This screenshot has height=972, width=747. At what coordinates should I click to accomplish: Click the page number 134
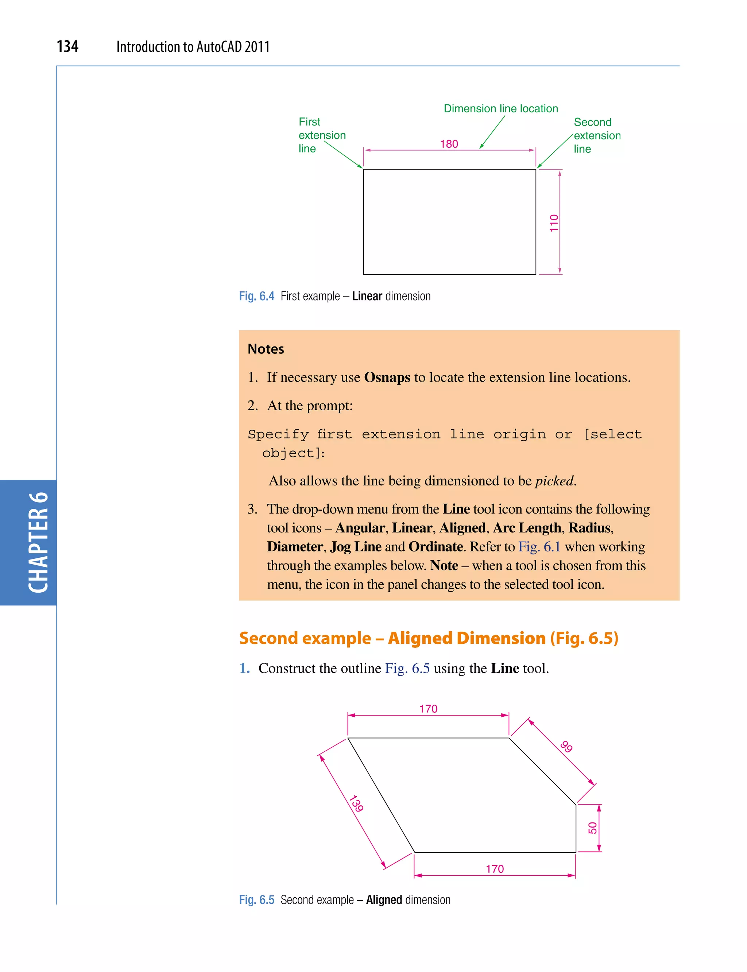(67, 46)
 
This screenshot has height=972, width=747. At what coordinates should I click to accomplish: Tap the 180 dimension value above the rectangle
(449, 144)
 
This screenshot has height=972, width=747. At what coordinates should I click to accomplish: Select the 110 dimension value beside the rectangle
(554, 223)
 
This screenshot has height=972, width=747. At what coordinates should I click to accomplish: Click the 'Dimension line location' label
(501, 108)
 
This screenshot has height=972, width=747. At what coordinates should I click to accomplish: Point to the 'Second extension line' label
(596, 135)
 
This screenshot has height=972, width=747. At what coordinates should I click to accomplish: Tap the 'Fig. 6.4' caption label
(256, 296)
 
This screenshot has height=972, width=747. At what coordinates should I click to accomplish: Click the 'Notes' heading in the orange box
(266, 349)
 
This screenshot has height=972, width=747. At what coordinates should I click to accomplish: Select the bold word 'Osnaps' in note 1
(387, 377)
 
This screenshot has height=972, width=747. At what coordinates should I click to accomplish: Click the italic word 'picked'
(554, 481)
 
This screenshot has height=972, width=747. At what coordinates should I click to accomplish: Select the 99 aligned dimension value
(566, 746)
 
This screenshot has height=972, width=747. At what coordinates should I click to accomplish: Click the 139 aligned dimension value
(356, 803)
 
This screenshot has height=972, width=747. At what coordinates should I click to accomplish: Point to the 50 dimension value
(592, 828)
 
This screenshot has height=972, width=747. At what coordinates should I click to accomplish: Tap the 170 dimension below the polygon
(495, 869)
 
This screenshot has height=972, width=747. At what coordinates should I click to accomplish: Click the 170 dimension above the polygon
(428, 709)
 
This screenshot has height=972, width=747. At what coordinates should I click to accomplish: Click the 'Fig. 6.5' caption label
(256, 900)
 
